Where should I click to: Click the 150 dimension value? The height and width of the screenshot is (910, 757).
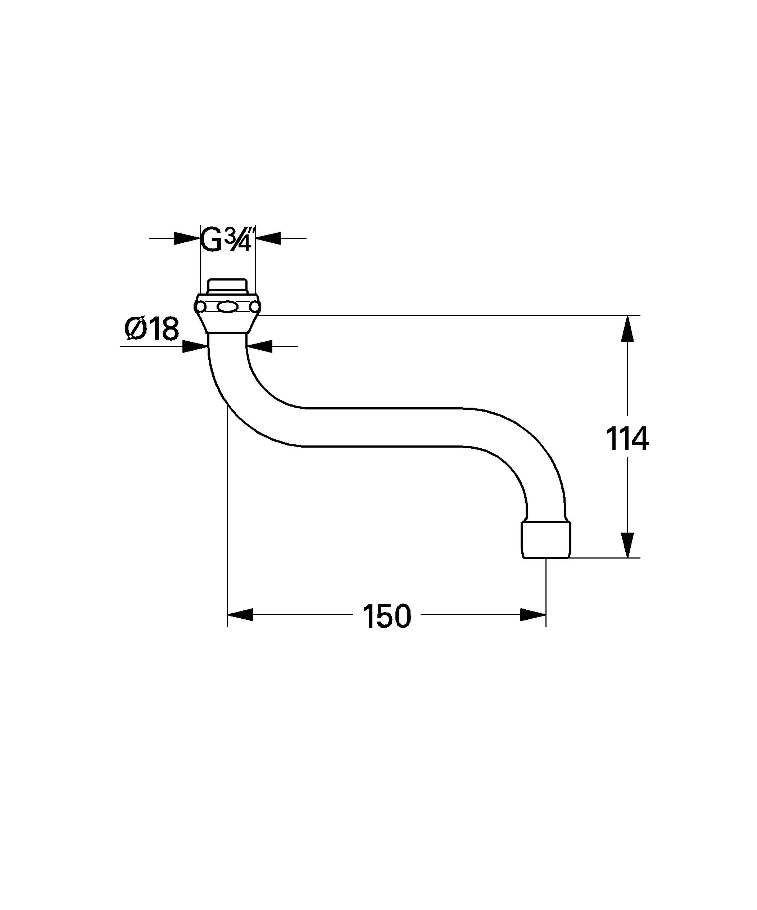click(386, 617)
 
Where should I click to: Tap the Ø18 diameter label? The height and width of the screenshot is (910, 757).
click(151, 330)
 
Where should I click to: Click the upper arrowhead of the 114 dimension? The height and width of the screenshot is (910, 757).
click(627, 330)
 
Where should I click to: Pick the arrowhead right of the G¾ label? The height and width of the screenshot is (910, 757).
click(268, 238)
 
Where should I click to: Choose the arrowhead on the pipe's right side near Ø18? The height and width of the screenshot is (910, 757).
click(259, 346)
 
